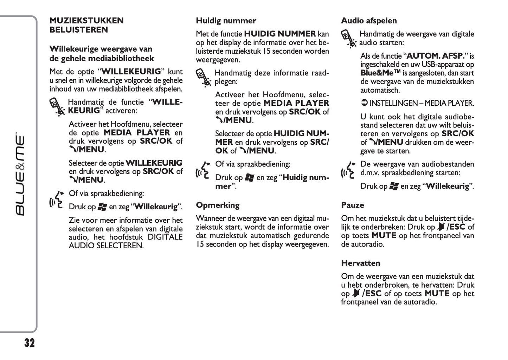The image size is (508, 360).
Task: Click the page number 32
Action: [x=30, y=343]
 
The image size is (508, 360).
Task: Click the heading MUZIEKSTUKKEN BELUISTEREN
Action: [x=86, y=25]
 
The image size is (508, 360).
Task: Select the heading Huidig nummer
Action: [x=226, y=21]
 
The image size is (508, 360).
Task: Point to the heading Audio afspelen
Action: [x=369, y=21]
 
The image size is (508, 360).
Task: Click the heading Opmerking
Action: [x=218, y=205]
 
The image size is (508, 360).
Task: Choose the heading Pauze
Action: [x=353, y=205]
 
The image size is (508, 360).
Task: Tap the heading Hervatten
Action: [x=360, y=263]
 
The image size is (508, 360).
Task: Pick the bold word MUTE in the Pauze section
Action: [x=384, y=236]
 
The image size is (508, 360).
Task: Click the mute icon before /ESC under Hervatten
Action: [x=357, y=294]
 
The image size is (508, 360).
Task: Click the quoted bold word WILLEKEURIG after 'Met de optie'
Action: [x=131, y=72]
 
